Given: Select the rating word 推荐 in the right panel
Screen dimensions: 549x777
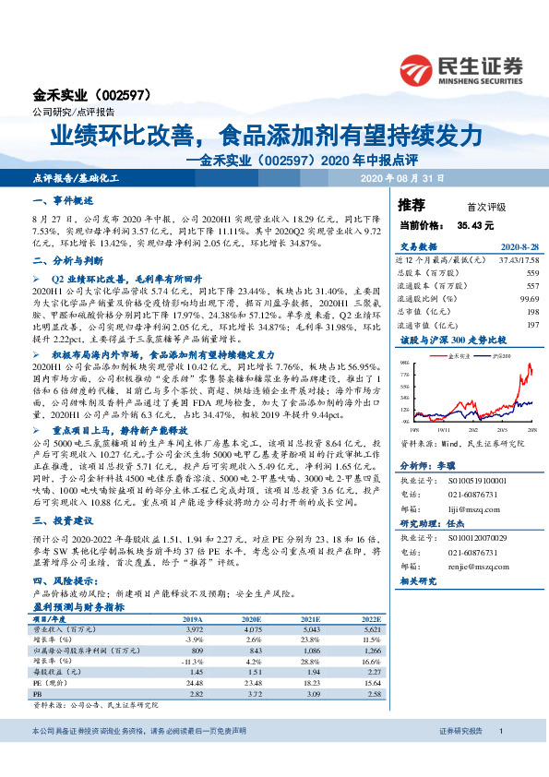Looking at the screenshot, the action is (411, 205).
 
